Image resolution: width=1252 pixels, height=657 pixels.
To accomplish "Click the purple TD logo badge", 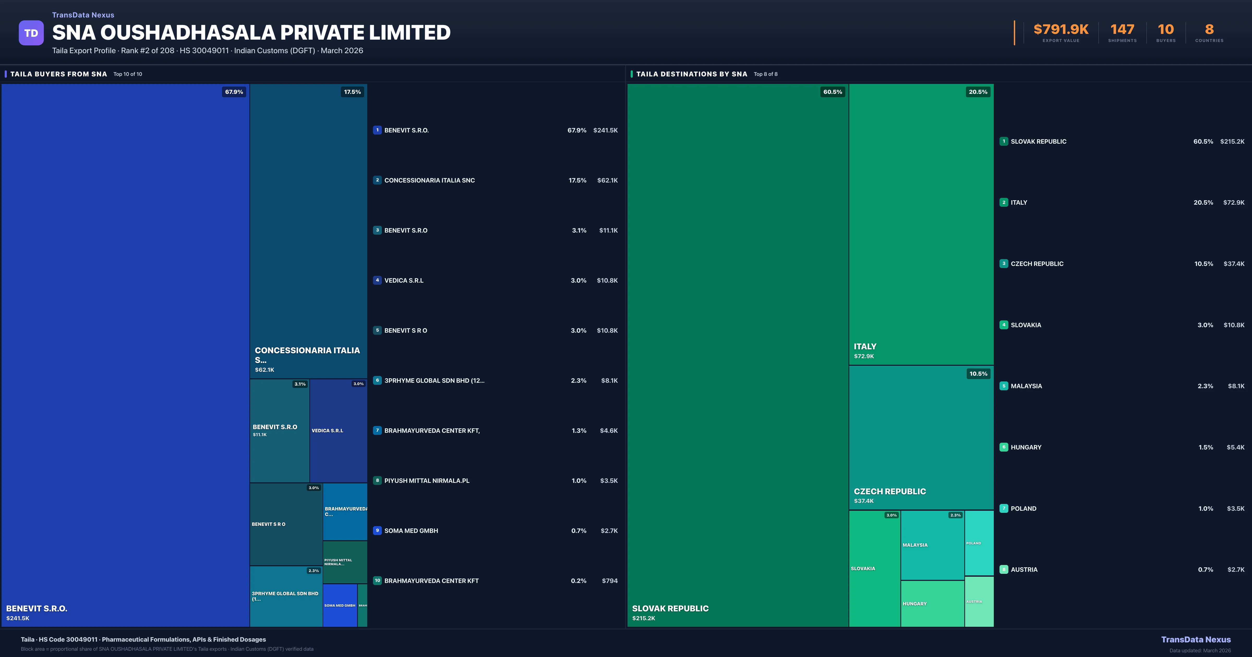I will pos(31,33).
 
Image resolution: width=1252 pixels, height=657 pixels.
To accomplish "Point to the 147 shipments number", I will pos(1122,30).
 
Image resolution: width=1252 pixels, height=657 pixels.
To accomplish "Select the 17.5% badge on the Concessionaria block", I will pos(352,92).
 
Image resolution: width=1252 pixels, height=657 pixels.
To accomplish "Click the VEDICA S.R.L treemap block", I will pos(338,430).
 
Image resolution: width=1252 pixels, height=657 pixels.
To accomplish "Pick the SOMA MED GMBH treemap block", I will pos(340,605).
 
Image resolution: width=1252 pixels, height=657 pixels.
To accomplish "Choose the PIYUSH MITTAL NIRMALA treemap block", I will pos(345,562).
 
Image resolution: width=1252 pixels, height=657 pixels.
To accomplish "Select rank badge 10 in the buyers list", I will pos(377,581).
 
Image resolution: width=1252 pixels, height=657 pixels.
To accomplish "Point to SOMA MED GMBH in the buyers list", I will pos(411,531).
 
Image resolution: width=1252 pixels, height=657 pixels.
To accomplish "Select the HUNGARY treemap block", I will pos(932,604).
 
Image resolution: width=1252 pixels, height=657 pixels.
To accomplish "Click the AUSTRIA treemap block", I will pos(979,602).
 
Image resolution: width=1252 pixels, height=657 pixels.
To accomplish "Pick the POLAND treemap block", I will pos(979,543).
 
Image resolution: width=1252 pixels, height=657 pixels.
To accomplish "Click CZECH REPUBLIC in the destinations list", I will pos(1037,264).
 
